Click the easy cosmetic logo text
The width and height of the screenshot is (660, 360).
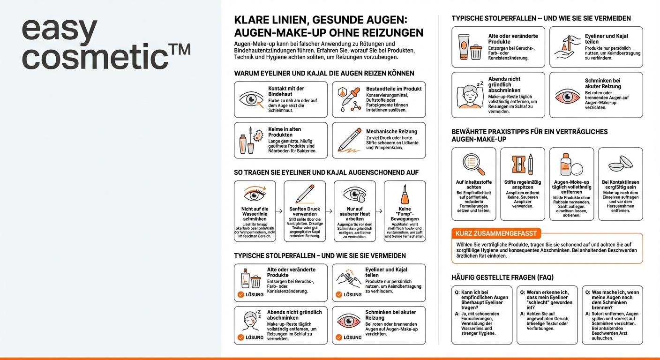pos(106,45)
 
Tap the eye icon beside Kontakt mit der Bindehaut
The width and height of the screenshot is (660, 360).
pos(251,99)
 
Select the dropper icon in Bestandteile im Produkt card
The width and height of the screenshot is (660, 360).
pos(349,99)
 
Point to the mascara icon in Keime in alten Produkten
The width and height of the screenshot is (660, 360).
pos(251,140)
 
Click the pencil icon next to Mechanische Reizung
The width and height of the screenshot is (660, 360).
pos(349,140)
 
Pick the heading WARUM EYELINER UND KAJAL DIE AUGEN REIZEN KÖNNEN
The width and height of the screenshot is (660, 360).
pos(324,73)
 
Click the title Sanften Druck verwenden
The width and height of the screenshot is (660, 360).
pos(305,211)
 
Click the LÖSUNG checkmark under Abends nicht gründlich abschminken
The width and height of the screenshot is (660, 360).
pos(241,337)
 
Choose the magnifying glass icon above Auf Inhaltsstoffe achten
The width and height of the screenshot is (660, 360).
pos(473,164)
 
